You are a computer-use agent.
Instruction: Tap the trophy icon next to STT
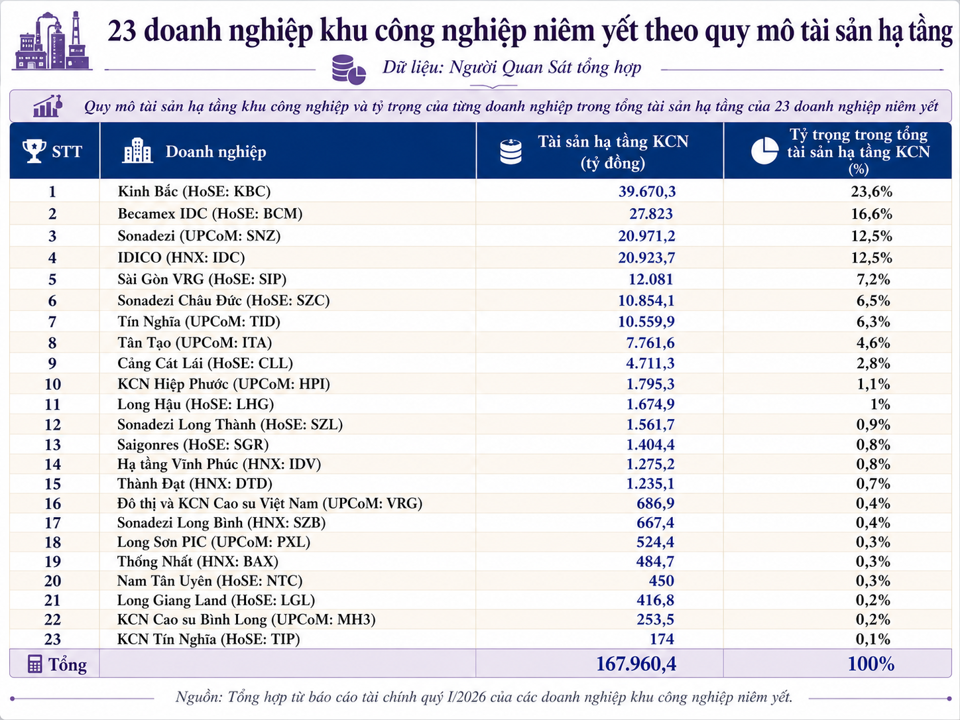pos(34,150)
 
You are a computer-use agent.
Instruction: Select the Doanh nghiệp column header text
pos(215,152)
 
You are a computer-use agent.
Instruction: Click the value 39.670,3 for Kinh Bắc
pos(647,192)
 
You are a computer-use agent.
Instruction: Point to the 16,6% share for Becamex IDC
pos(871,213)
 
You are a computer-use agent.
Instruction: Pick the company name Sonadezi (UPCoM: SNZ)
pos(199,236)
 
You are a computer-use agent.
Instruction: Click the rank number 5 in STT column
pos(52,279)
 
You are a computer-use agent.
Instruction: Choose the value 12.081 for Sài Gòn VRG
pos(650,279)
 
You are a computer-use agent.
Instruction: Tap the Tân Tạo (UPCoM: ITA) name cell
pos(195,343)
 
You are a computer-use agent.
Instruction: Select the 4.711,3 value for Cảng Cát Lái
pos(650,363)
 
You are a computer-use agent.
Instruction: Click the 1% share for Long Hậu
pos(880,404)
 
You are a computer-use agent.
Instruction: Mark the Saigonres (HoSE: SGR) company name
pos(193,445)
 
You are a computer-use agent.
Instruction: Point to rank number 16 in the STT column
pos(52,504)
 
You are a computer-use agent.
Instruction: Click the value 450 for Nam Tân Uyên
pos(661,581)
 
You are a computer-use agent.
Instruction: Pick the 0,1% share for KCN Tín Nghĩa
pos(873,639)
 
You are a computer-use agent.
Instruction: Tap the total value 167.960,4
pos(636,664)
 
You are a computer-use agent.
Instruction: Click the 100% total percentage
pos(870,664)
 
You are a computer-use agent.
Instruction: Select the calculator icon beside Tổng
pos(35,664)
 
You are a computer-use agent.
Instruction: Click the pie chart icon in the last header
pos(764,150)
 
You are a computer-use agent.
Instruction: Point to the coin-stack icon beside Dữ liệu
pos(348,70)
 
